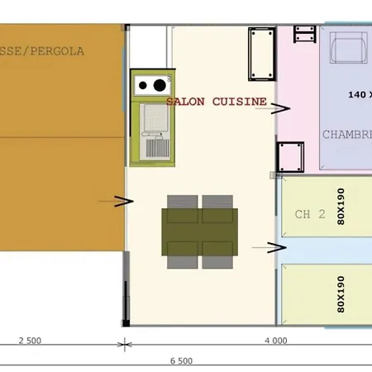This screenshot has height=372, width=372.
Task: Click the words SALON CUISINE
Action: pos(217,102)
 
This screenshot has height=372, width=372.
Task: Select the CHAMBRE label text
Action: pos(346,134)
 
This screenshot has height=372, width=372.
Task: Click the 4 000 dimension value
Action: pos(275,340)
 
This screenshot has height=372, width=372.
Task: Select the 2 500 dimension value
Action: pos(29,340)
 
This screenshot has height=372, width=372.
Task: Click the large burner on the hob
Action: pos(156,84)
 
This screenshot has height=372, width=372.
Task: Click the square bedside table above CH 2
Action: pos(291,155)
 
